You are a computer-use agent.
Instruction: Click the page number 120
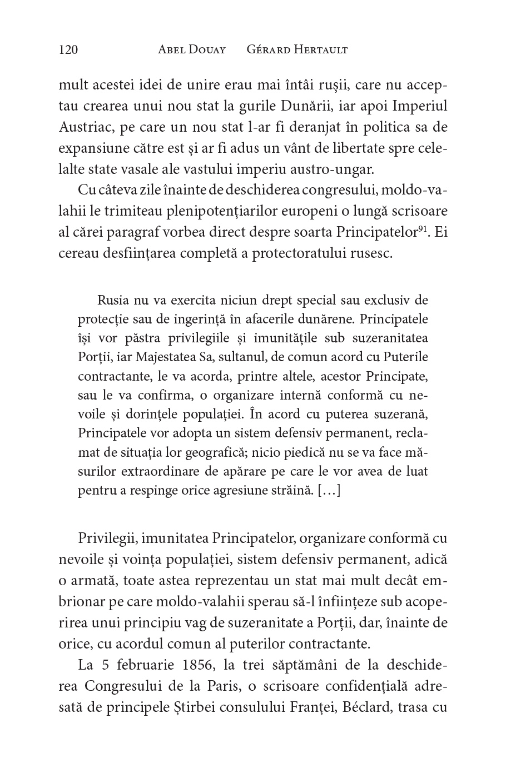[x=68, y=50]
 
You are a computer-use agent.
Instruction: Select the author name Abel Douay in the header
[x=192, y=50]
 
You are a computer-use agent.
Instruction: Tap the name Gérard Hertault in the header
[x=297, y=50]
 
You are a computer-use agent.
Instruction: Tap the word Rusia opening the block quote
[x=113, y=301]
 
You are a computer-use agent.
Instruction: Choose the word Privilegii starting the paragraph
[x=107, y=538]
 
